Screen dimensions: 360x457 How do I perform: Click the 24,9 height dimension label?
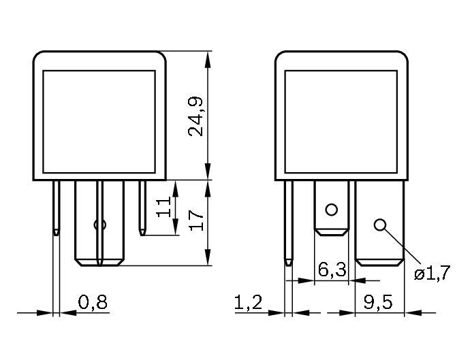pos(198,116)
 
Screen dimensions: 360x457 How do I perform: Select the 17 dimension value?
pos(198,220)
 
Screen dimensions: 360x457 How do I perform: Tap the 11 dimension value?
pos(163,207)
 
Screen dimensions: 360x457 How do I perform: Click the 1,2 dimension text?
pos(249,302)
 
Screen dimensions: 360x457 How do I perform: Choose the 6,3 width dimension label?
pos(332,270)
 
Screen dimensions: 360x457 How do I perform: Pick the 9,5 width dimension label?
pos(379,302)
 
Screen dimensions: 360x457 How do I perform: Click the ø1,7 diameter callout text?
pos(432,274)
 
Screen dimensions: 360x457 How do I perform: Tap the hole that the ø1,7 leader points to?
pos(380,225)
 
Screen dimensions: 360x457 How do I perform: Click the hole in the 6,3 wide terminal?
pos(332,209)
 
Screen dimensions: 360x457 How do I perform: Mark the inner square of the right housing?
pos(341,120)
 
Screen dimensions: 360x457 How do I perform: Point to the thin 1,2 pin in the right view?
pos(289,221)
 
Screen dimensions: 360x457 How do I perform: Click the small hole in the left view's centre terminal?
pos(99,225)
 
